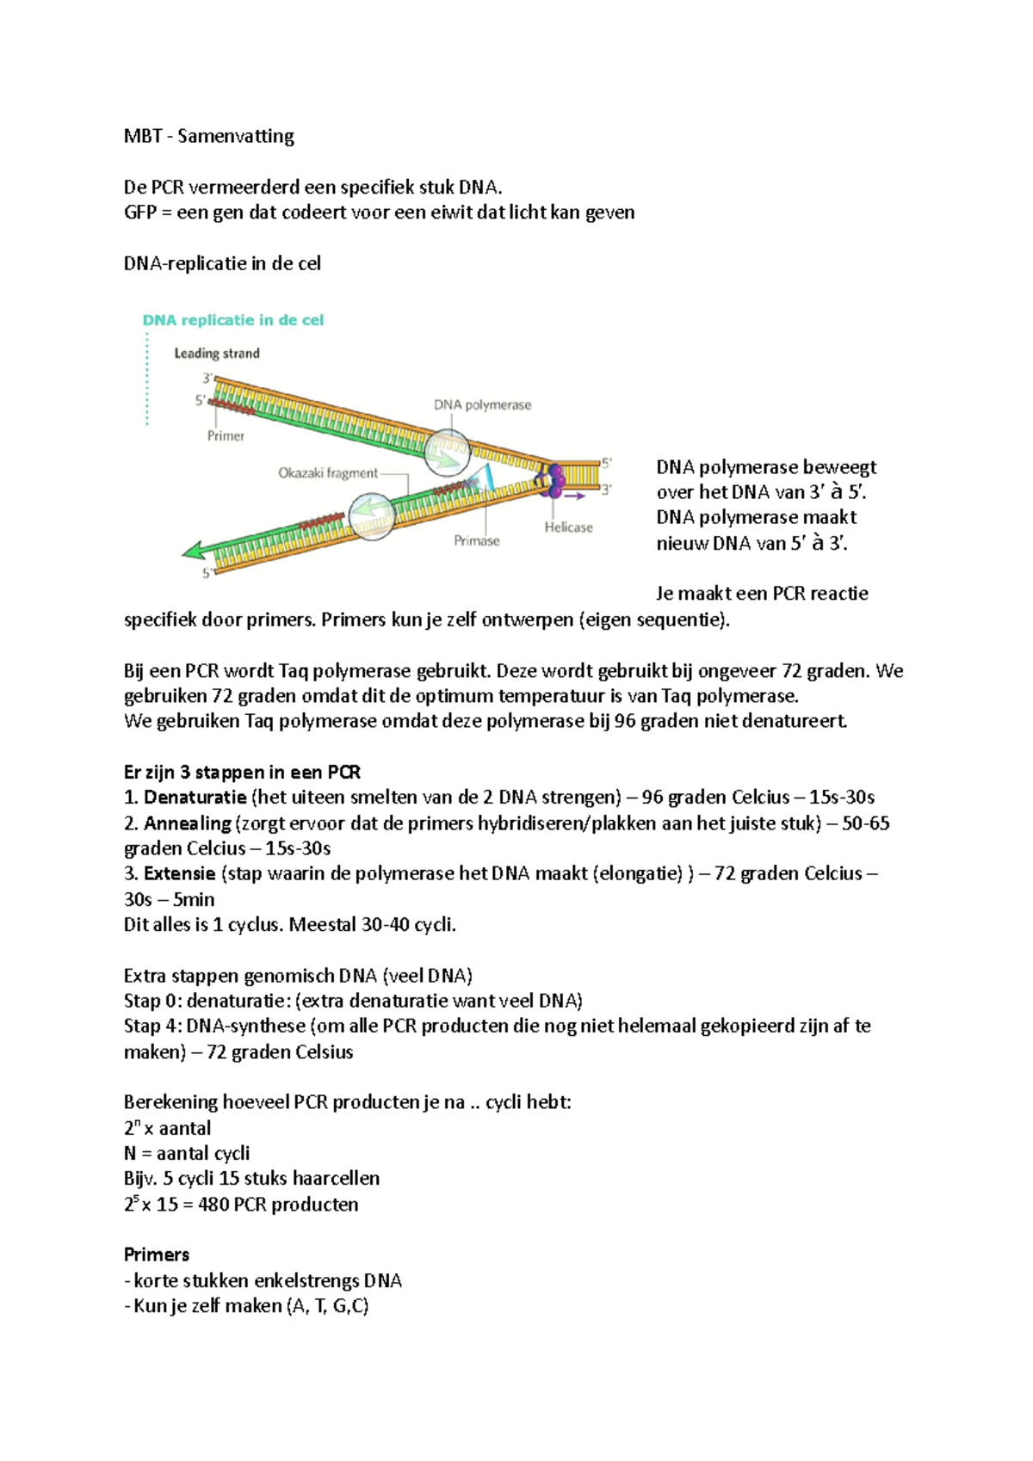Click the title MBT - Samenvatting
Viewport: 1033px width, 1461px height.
[x=208, y=136]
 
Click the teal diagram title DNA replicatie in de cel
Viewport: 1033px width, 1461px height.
[x=232, y=320]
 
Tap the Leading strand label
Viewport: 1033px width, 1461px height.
[x=216, y=353]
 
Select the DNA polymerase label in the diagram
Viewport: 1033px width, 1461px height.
[x=482, y=404]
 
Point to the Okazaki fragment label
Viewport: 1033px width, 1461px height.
[x=327, y=472]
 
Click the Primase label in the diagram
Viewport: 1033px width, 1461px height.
[x=476, y=540]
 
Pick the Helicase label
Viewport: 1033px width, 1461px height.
[x=568, y=527]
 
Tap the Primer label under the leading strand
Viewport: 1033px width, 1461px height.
[x=226, y=435]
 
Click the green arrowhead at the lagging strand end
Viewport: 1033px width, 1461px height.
[x=195, y=550]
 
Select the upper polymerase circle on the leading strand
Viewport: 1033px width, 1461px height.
[x=447, y=453]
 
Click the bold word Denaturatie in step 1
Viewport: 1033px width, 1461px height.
[x=195, y=798]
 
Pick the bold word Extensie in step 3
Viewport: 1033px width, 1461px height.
[x=179, y=873]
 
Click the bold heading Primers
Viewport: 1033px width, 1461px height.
[x=157, y=1254]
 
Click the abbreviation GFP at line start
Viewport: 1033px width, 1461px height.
[x=139, y=213]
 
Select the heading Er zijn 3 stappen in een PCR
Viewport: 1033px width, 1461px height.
[x=242, y=772]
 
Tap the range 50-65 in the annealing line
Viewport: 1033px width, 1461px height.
[x=865, y=823]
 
